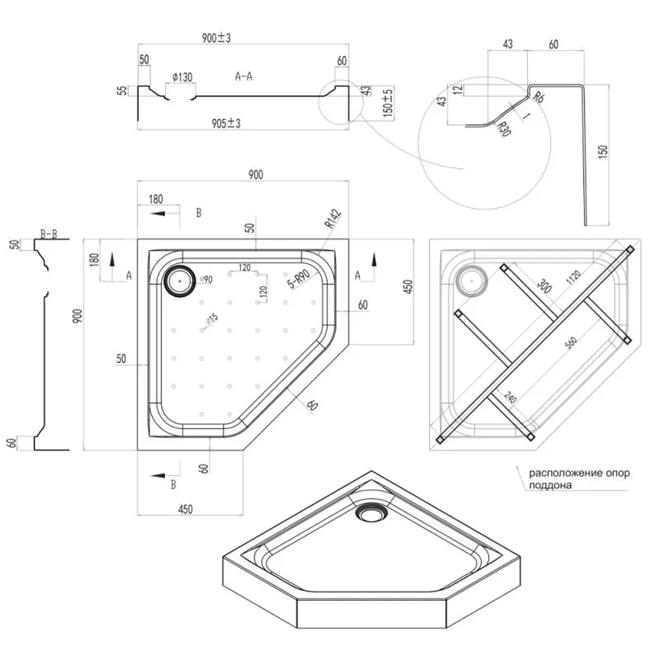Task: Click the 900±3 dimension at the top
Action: click(x=216, y=39)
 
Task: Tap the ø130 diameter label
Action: click(x=181, y=78)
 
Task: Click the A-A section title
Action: click(x=244, y=77)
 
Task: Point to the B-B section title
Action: click(x=48, y=233)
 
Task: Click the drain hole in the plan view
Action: click(x=179, y=280)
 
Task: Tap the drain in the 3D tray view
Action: click(x=367, y=510)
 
